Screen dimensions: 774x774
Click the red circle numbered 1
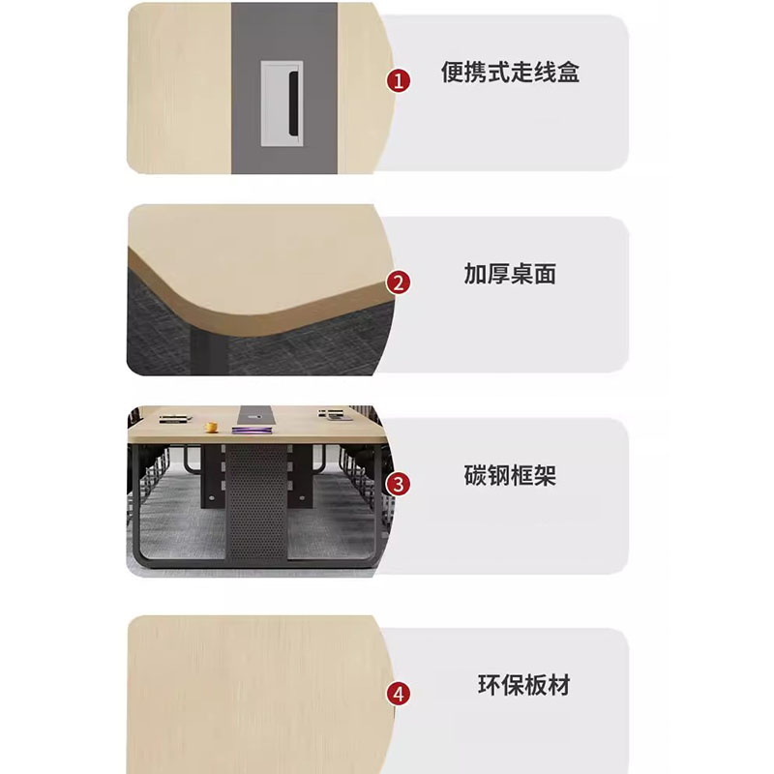[399, 80]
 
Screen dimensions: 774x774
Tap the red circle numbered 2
[399, 283]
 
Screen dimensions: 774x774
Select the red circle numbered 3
[399, 485]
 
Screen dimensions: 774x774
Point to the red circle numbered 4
[399, 694]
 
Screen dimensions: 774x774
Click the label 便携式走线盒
[510, 72]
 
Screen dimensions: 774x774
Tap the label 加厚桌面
[510, 274]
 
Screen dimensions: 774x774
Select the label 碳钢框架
[510, 475]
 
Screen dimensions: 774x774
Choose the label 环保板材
[523, 685]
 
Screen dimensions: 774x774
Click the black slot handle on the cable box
[293, 103]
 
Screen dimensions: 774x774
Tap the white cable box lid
[282, 104]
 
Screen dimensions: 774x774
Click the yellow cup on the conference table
[212, 427]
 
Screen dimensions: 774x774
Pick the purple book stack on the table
[253, 431]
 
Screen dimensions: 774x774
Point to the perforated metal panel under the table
[256, 502]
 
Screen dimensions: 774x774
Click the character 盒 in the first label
[568, 72]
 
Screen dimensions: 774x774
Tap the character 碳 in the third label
[475, 475]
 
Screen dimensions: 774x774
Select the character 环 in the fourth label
[489, 685]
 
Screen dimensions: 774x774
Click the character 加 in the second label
[475, 274]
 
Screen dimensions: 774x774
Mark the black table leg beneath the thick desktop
[208, 352]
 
